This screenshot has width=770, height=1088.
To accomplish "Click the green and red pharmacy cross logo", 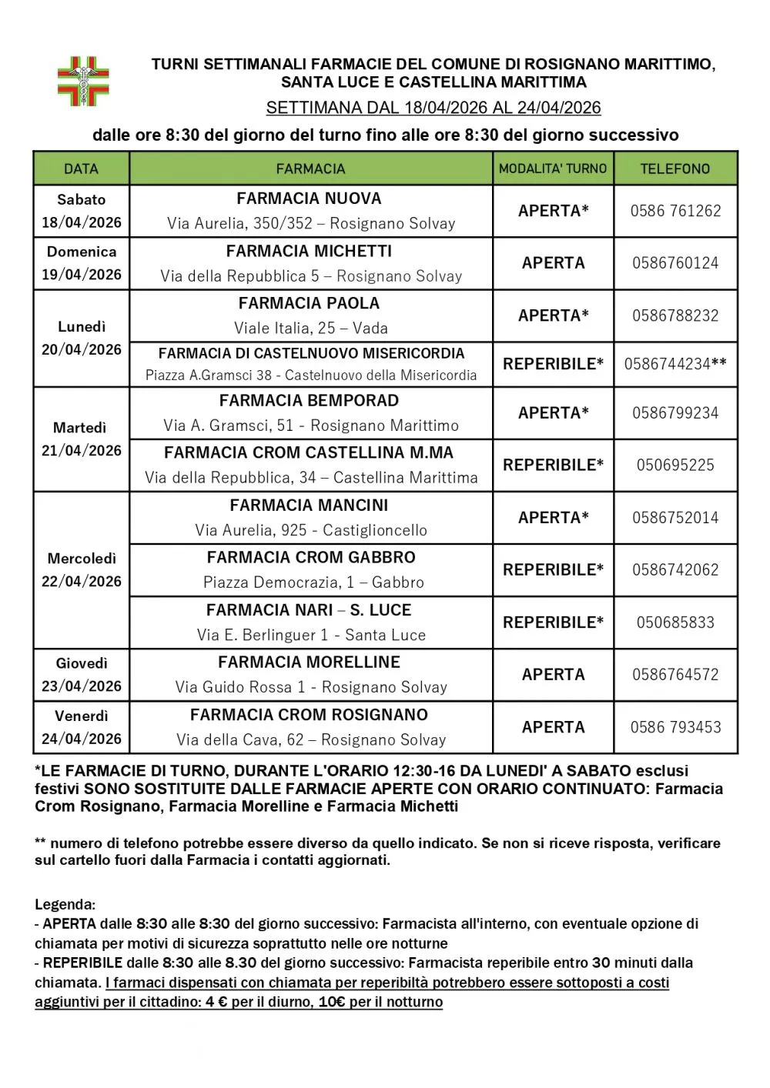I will coord(84,81).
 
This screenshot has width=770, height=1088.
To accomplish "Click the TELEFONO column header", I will coord(675,169).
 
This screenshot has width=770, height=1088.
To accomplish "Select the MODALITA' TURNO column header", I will coord(553,169).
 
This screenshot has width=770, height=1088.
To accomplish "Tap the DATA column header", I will coord(81,169).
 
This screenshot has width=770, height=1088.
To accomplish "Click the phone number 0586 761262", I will coord(675,211).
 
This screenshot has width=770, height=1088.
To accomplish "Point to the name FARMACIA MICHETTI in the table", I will coord(309,252).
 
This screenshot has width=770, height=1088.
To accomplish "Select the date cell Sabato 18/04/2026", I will coord(81,211).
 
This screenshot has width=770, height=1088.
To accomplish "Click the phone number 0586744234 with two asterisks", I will coord(675,364).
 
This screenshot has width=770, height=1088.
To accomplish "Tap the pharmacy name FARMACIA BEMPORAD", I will coord(309,401).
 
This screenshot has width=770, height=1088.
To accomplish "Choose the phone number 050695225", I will coord(675,466).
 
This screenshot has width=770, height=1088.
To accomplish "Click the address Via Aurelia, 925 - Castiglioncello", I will coord(311,530).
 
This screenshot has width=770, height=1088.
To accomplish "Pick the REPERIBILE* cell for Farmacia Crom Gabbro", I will coord(553,570).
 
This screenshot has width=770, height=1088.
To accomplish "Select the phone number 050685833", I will coord(675,622).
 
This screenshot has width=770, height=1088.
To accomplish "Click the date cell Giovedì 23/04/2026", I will coord(81,675).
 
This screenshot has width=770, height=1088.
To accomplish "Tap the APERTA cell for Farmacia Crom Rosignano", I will coord(553,727).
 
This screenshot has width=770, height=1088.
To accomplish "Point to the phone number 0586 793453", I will coord(675,727).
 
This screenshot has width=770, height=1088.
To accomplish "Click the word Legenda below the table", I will coord(65,905).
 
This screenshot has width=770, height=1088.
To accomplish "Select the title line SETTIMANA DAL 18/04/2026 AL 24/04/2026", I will coord(433,108).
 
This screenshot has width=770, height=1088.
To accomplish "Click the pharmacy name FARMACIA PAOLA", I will coord(309,303).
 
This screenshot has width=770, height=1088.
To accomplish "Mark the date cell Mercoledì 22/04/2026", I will coord(81,570).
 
